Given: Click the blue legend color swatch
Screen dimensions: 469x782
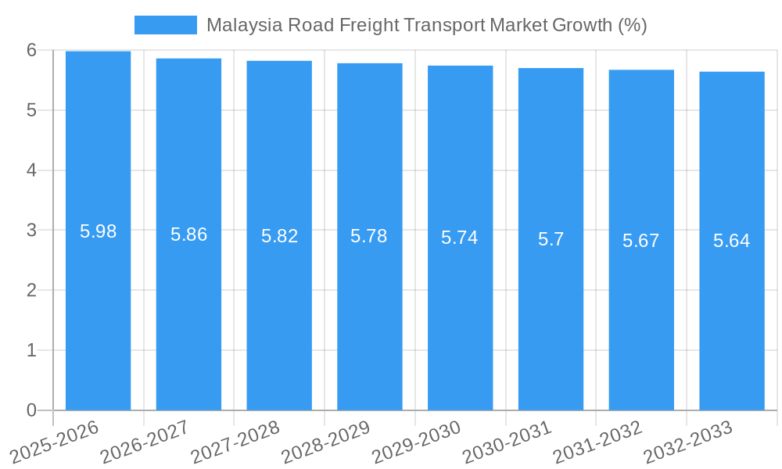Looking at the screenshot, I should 165,25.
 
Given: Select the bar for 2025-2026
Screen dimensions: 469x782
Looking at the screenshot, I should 98,231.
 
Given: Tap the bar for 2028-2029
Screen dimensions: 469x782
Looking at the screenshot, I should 370,237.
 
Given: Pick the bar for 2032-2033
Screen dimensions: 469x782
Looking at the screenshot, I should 732,241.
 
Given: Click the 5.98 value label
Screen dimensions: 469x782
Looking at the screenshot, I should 98,231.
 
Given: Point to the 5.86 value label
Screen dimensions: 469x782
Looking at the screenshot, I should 188,234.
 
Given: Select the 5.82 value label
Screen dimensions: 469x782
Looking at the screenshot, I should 279,236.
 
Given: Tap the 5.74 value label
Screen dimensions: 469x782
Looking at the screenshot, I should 460,238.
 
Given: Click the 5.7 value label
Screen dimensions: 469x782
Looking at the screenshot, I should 551,239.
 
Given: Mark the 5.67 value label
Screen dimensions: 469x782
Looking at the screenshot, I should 641,241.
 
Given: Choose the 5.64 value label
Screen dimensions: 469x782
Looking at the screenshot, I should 732,241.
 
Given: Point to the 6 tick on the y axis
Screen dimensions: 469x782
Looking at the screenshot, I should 32,50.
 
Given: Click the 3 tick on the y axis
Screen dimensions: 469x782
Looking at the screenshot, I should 32,231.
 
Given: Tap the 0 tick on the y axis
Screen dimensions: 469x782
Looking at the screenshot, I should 32,410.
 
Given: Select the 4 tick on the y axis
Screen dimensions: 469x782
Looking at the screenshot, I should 32,170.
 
